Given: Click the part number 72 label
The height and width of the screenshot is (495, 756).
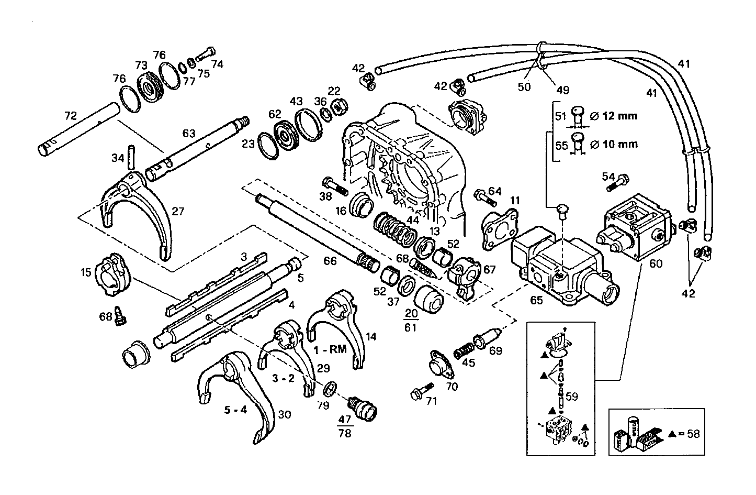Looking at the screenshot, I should (71, 114).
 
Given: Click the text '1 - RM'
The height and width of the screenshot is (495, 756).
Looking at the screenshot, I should (330, 349).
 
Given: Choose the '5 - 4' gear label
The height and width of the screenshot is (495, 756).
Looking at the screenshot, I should (235, 410).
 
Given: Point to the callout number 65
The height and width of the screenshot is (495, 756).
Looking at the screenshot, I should (536, 301).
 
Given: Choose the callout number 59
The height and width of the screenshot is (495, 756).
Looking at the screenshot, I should (571, 397).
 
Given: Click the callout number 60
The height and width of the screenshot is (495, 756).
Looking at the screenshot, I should (656, 263).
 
